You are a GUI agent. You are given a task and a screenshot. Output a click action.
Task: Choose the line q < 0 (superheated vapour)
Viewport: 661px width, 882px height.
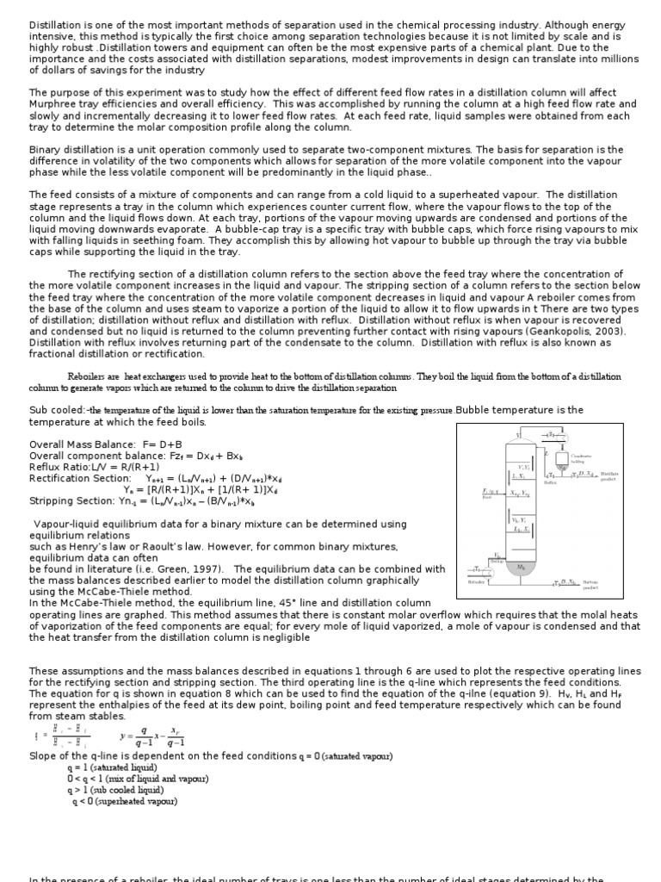tap(126, 801)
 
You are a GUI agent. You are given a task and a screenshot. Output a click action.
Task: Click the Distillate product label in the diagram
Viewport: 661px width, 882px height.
tap(609, 475)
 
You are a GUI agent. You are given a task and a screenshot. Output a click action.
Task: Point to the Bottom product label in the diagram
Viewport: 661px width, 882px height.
tap(590, 586)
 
